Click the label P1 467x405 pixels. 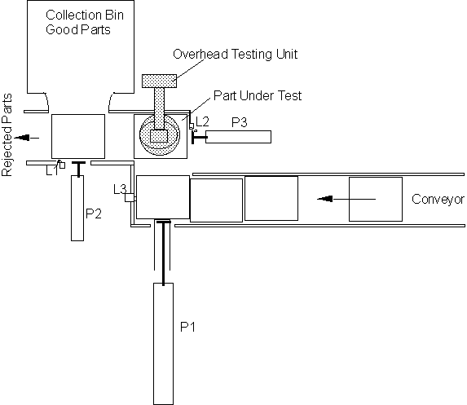tap(188, 327)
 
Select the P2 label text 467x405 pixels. tap(94, 214)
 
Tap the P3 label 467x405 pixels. tap(240, 122)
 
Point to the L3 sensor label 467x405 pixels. tap(120, 189)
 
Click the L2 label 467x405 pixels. tap(202, 121)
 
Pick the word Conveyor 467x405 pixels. tap(438, 199)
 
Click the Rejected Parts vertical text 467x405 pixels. tap(7, 135)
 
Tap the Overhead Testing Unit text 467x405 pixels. tap(236, 55)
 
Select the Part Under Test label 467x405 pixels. tap(258, 95)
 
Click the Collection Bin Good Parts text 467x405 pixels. tap(85, 22)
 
